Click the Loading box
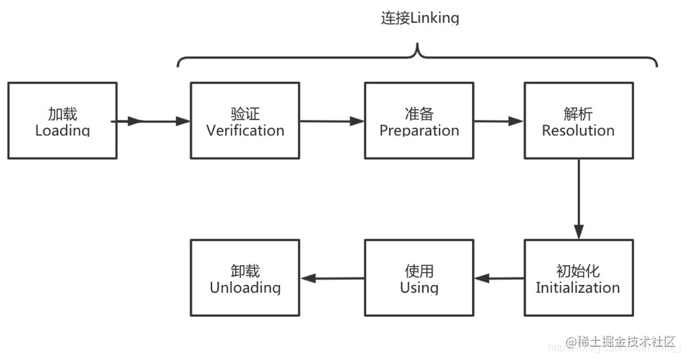tap(62, 121)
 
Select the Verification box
tap(245, 121)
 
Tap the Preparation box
tap(419, 121)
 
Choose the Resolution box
tap(578, 121)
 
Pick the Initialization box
tap(578, 278)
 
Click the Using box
tap(419, 278)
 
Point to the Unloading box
tap(245, 278)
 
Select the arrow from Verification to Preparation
tap(332, 122)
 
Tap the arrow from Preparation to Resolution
tap(499, 122)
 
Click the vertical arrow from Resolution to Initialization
tap(578, 199)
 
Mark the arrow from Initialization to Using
tap(499, 279)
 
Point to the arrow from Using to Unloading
tap(332, 279)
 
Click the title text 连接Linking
tap(420, 19)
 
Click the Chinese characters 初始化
tap(578, 271)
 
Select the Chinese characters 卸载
tap(245, 271)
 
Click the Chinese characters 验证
tap(245, 113)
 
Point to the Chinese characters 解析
tap(578, 113)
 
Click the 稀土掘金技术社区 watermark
tap(621, 341)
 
